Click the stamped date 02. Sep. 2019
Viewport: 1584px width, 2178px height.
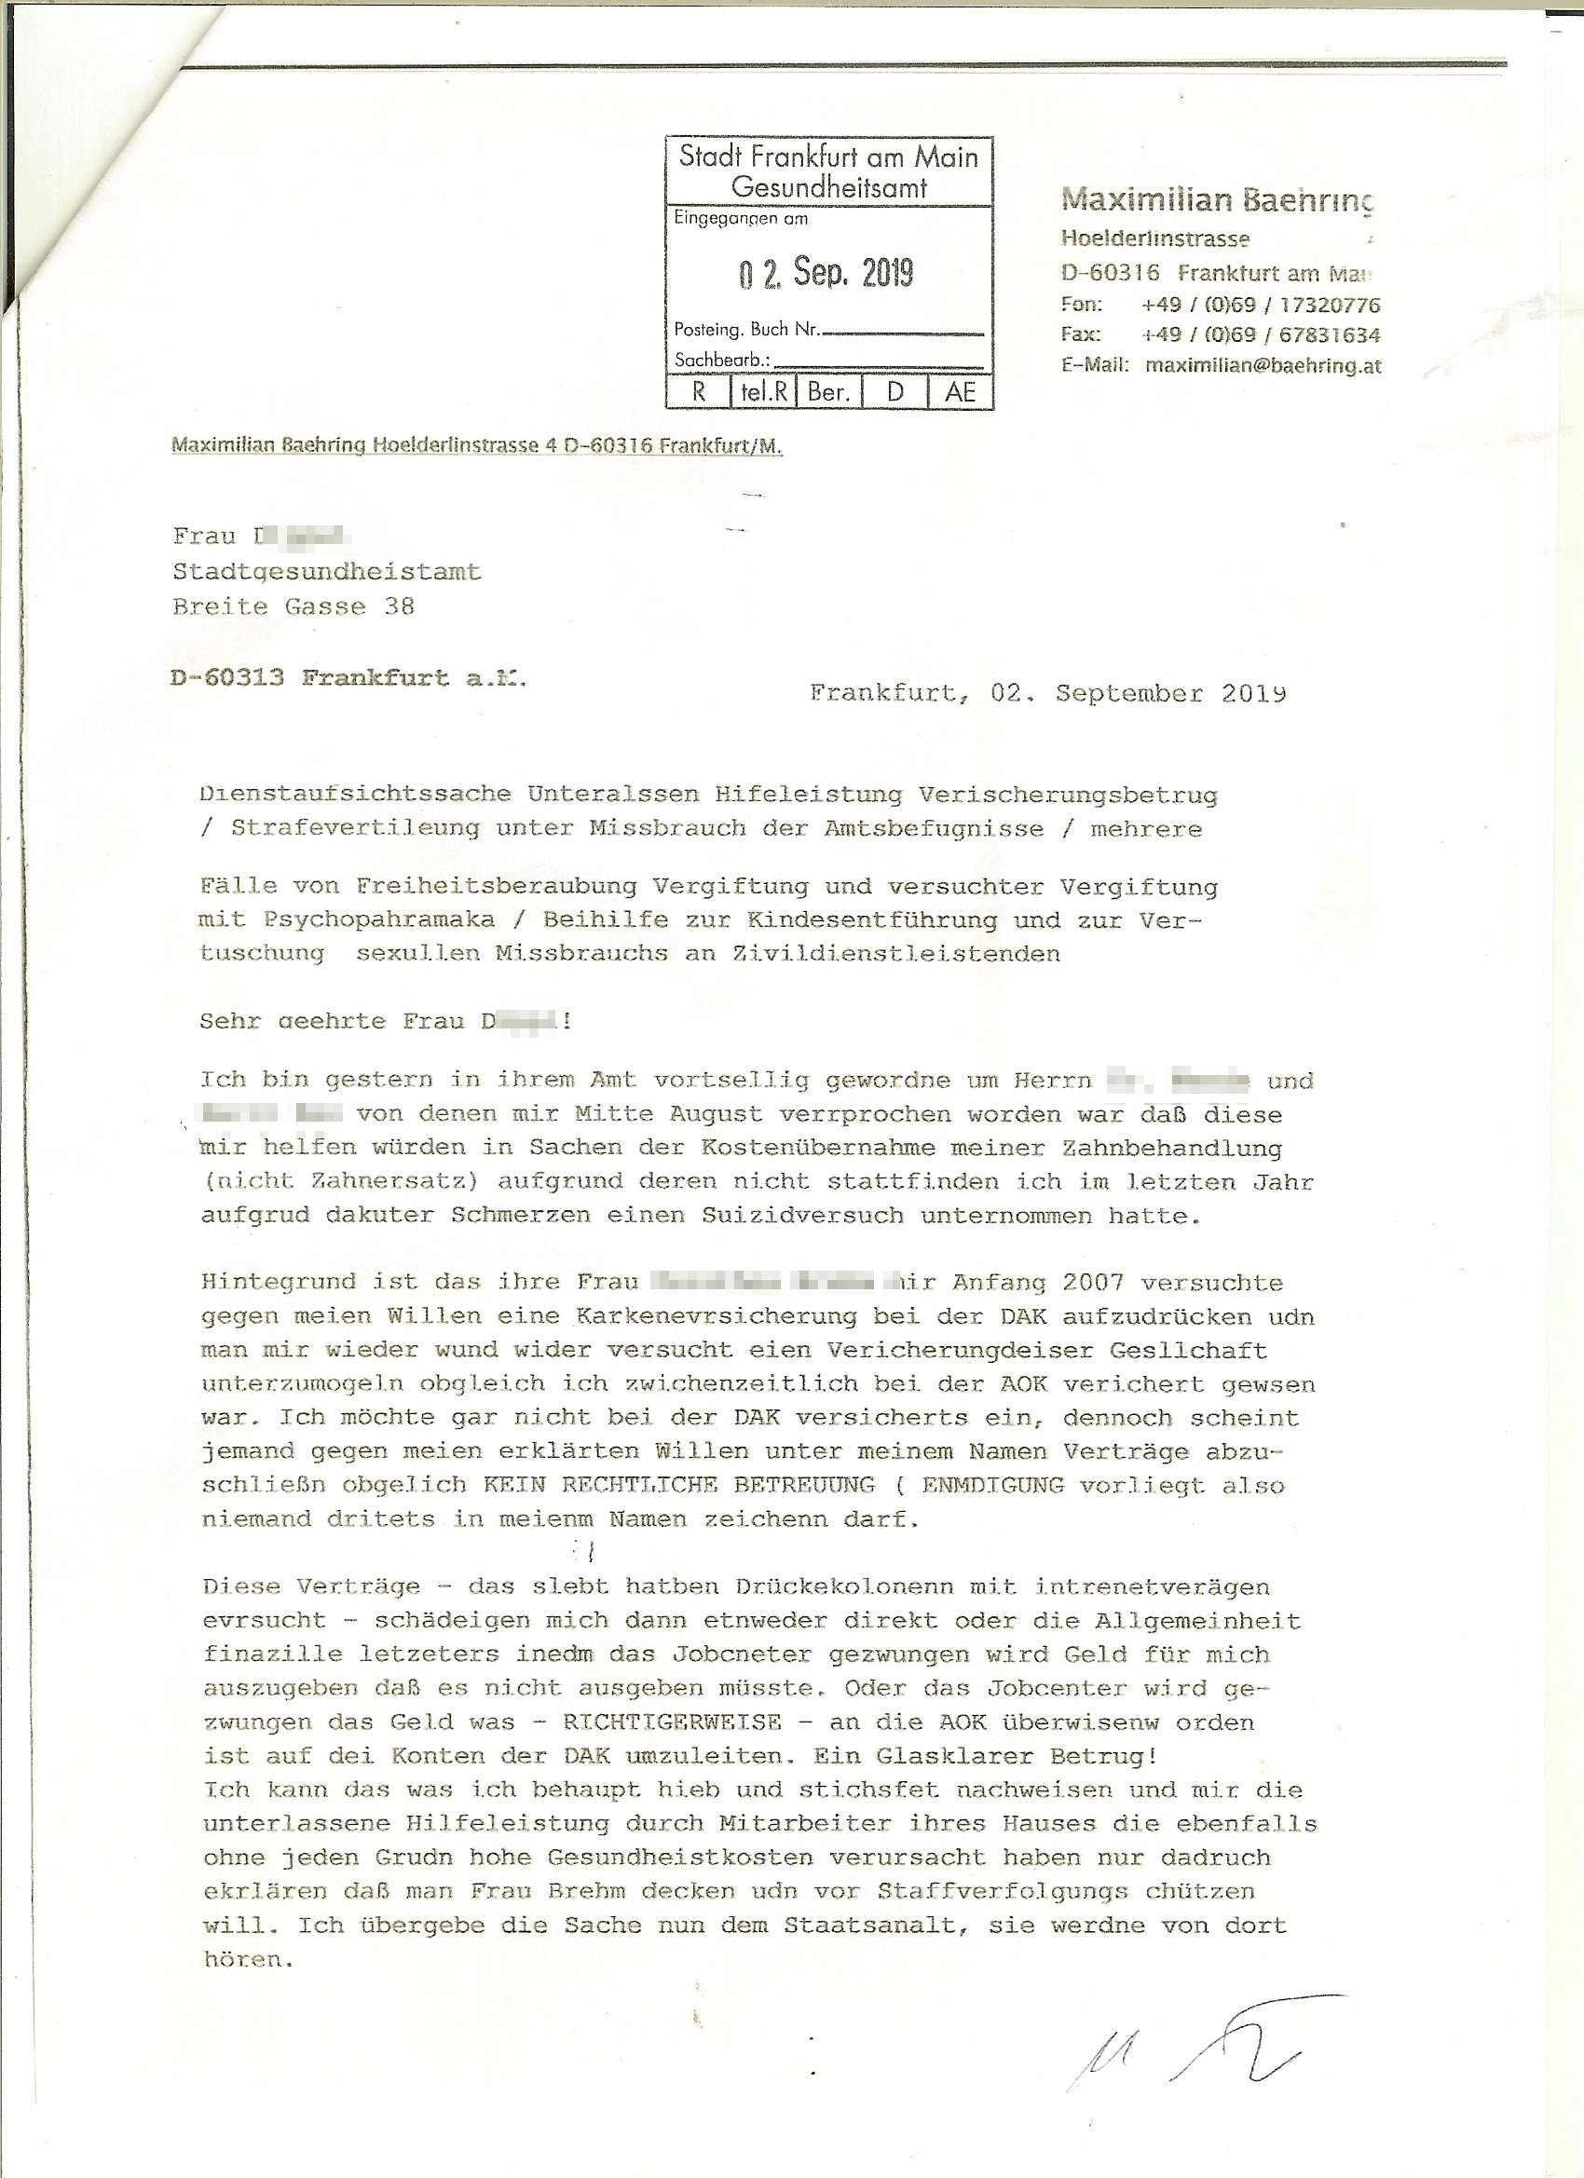826,274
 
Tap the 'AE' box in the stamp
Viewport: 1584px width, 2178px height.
960,393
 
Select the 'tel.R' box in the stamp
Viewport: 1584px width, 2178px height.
764,393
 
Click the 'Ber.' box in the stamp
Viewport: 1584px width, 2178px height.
828,393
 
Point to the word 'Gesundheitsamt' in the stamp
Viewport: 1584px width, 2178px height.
828,187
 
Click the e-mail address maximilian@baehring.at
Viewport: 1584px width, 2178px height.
1263,366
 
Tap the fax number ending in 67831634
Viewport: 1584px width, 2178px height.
1261,335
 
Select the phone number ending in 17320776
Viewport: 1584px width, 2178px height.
1261,306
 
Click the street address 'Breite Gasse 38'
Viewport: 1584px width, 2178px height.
294,607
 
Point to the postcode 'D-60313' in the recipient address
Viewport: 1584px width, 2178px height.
227,678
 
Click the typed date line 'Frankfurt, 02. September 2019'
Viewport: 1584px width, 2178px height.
1047,693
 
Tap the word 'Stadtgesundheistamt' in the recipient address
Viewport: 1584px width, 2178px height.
327,572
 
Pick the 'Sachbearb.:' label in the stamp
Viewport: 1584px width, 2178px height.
721,361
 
